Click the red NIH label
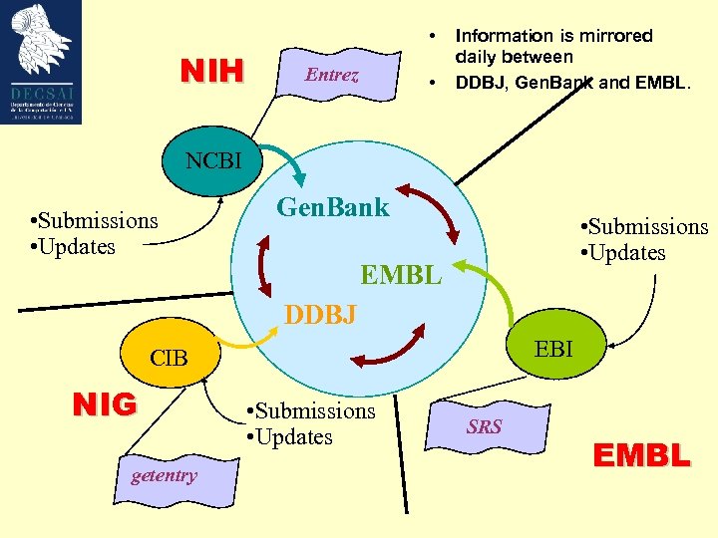coord(211,72)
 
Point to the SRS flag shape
coord(485,427)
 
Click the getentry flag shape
coord(164,476)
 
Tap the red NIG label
coord(105,404)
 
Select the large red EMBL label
coord(640,456)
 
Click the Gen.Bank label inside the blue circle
coord(332,208)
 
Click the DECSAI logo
coord(41,62)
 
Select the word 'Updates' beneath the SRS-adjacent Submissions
coord(294,437)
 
